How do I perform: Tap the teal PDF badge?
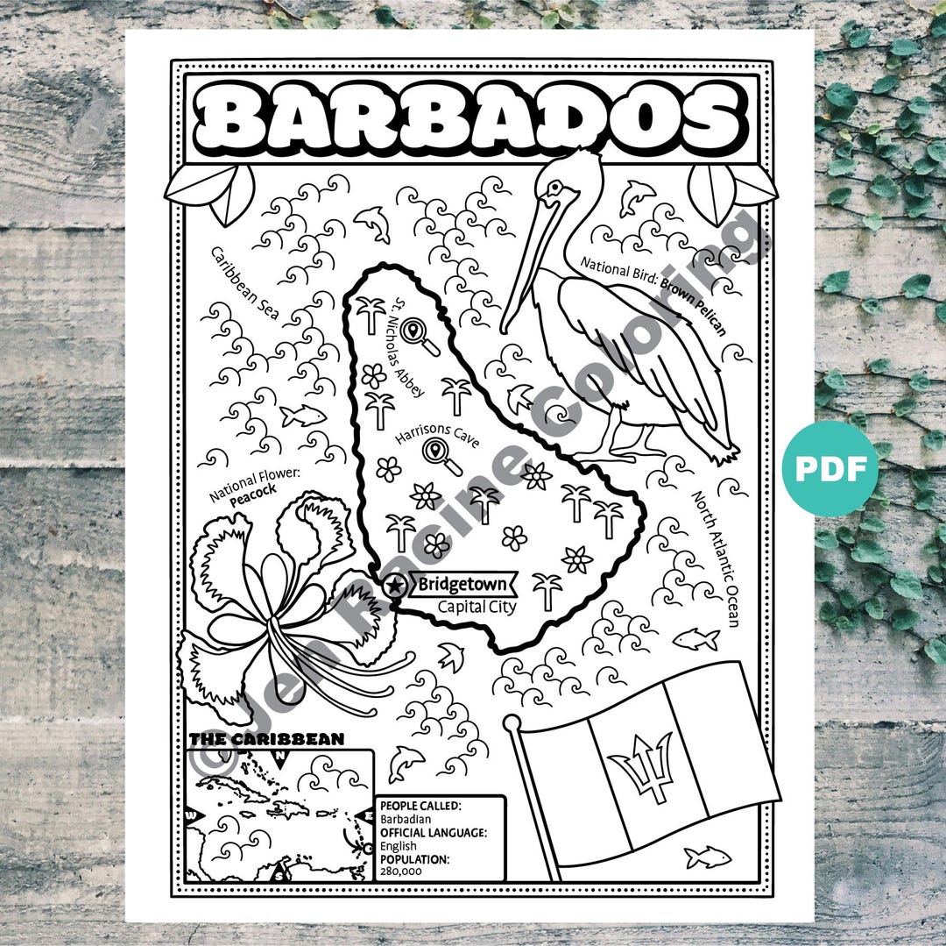click(x=830, y=469)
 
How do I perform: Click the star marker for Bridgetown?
click(x=396, y=585)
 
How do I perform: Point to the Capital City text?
click(x=477, y=606)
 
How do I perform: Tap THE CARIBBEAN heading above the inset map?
click(x=266, y=739)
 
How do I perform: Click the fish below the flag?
click(x=708, y=856)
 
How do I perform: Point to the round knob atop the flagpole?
click(x=512, y=724)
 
